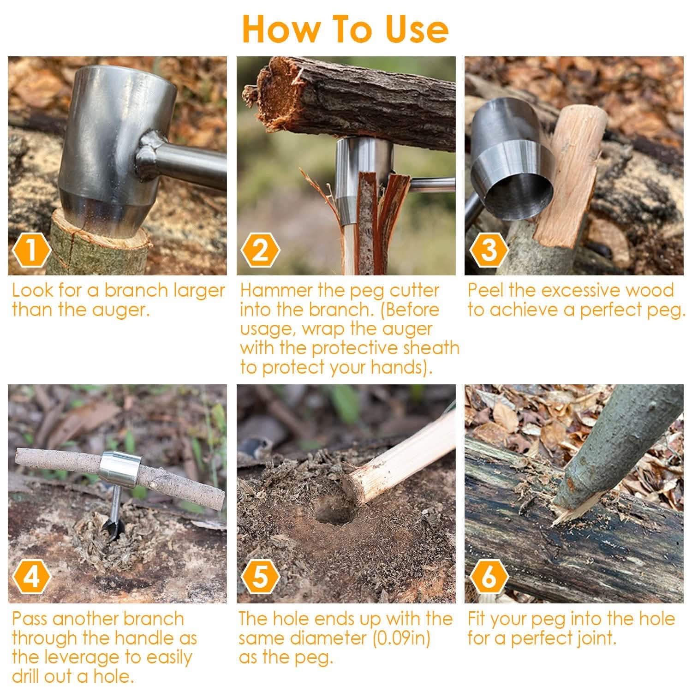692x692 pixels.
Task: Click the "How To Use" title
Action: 345,29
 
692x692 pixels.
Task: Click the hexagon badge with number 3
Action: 489,251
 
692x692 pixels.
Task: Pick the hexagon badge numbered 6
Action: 489,577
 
